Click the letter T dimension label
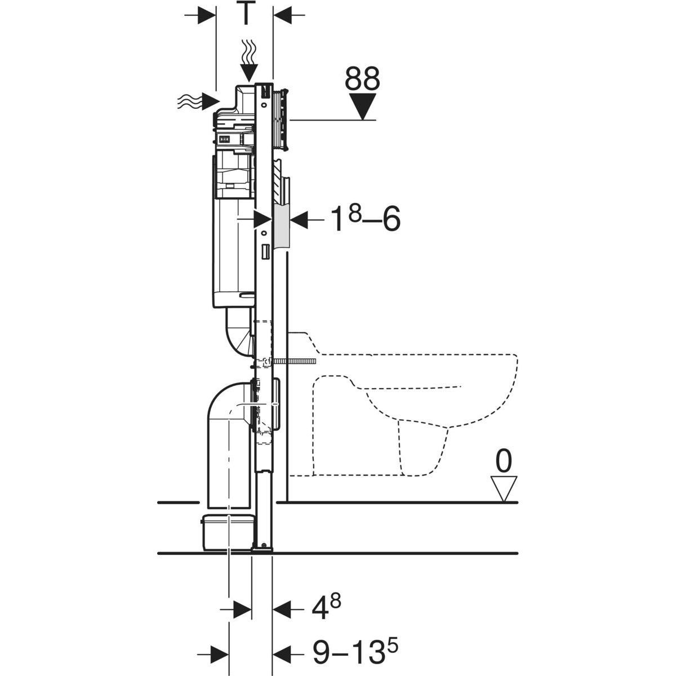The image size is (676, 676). pyautogui.click(x=245, y=14)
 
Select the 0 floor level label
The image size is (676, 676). pyautogui.click(x=504, y=462)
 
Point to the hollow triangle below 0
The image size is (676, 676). pyautogui.click(x=504, y=488)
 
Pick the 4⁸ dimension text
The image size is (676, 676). pyautogui.click(x=327, y=608)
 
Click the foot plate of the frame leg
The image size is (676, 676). pyautogui.click(x=263, y=549)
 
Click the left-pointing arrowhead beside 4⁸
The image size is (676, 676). pyautogui.click(x=282, y=608)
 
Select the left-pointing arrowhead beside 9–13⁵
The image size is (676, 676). pyautogui.click(x=282, y=653)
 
